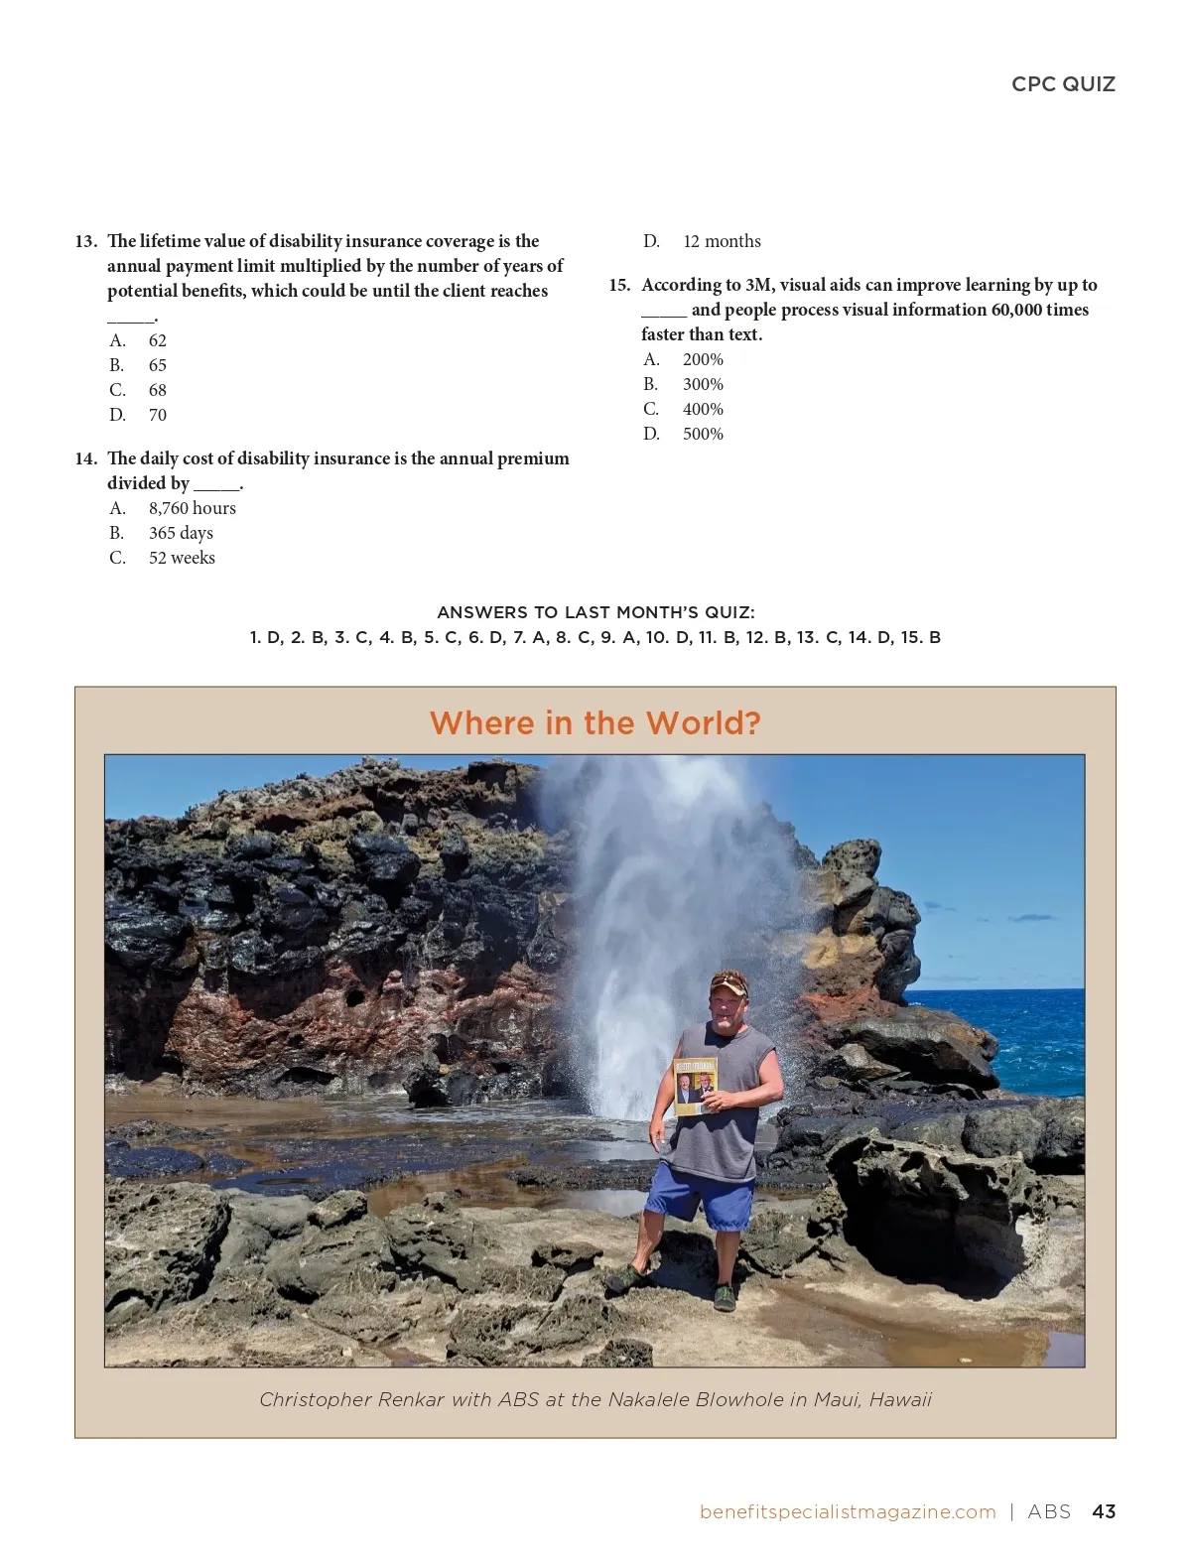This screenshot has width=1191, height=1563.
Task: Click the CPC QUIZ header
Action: pyautogui.click(x=1063, y=84)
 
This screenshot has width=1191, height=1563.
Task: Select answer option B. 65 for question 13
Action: pyautogui.click(x=138, y=365)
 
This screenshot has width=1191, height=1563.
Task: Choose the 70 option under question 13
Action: pyautogui.click(x=138, y=415)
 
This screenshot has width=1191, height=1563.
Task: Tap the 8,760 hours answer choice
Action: pyautogui.click(x=173, y=508)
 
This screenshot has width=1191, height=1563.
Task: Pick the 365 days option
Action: pyautogui.click(x=161, y=533)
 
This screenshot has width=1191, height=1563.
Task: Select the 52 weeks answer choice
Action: pyautogui.click(x=163, y=558)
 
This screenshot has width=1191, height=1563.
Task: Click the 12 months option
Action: pyautogui.click(x=702, y=241)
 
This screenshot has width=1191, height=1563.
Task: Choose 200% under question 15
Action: pyautogui.click(x=684, y=359)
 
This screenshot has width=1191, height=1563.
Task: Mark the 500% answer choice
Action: pyautogui.click(x=684, y=434)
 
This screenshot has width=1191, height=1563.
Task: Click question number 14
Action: pyautogui.click(x=86, y=458)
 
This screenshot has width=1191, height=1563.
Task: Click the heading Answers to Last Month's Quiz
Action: pyautogui.click(x=595, y=612)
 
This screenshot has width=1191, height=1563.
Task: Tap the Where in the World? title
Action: pyautogui.click(x=595, y=722)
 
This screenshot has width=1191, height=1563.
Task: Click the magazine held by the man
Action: pyautogui.click(x=695, y=1086)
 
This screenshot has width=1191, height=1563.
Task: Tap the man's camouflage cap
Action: pyautogui.click(x=728, y=984)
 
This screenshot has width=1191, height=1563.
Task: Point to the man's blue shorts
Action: pyautogui.click(x=701, y=1196)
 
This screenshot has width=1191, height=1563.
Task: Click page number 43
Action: pyautogui.click(x=1104, y=1511)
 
